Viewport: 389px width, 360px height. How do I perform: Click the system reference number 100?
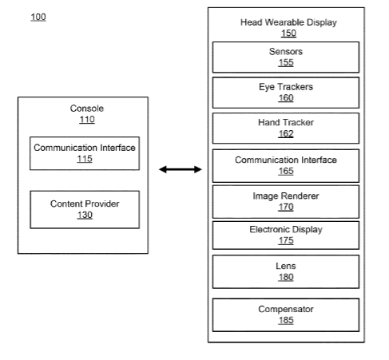pos(38,17)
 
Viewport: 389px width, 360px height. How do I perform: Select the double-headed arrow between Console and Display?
pos(181,169)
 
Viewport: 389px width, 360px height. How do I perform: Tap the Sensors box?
pos(286,57)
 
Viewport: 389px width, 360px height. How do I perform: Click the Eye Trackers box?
pos(286,93)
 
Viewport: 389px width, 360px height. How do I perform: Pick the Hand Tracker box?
pos(286,129)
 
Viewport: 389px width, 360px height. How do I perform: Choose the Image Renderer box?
pos(286,202)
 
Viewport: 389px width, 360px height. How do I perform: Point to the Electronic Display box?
pos(286,235)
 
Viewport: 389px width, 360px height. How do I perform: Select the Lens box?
pos(286,271)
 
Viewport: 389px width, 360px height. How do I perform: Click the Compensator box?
pos(286,315)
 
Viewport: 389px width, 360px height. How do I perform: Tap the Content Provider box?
pos(85,210)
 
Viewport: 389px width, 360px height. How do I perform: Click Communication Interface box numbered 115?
pos(85,153)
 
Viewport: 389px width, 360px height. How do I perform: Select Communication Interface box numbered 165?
pos(286,166)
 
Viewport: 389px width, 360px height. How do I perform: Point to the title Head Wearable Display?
pos(288,22)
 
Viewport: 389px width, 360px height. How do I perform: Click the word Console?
pos(87,109)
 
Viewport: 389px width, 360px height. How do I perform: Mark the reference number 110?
pos(87,120)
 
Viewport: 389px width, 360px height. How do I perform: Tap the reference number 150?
pos(288,34)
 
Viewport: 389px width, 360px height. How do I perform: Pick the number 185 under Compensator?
pos(286,320)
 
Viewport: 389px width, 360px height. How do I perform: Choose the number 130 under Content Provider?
pos(85,215)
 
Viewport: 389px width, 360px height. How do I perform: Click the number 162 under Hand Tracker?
pos(286,133)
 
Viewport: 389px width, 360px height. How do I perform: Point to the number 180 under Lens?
pos(286,277)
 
